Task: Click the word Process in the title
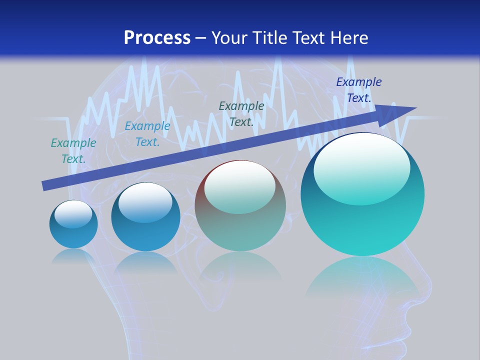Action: coord(157,38)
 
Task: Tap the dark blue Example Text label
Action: coord(358,90)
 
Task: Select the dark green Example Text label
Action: coord(241,114)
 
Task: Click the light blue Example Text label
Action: coord(147,134)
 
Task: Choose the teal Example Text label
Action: coord(73,151)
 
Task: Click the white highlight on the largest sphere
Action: coord(362,167)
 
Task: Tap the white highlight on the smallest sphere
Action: coord(73,214)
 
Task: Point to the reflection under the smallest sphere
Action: coord(73,256)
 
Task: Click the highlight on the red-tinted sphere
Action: coord(239,186)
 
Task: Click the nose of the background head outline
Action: coord(427,290)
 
